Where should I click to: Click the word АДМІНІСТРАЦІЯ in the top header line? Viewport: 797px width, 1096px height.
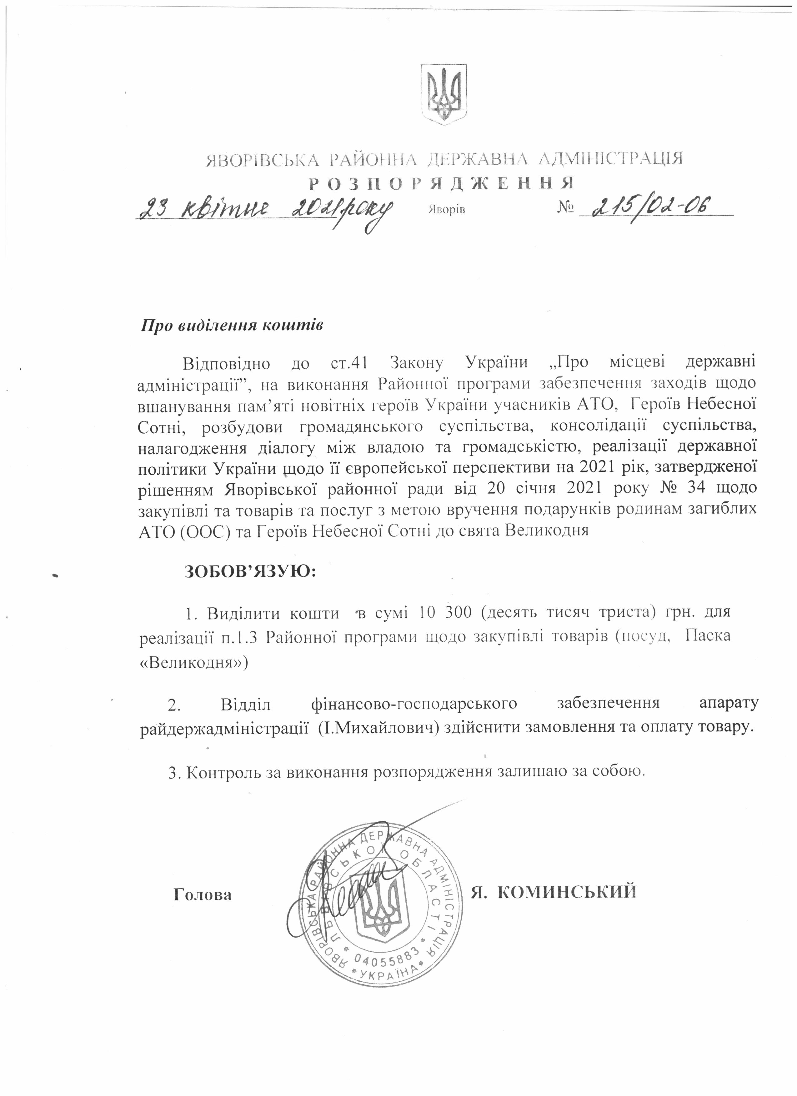pos(610,158)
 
